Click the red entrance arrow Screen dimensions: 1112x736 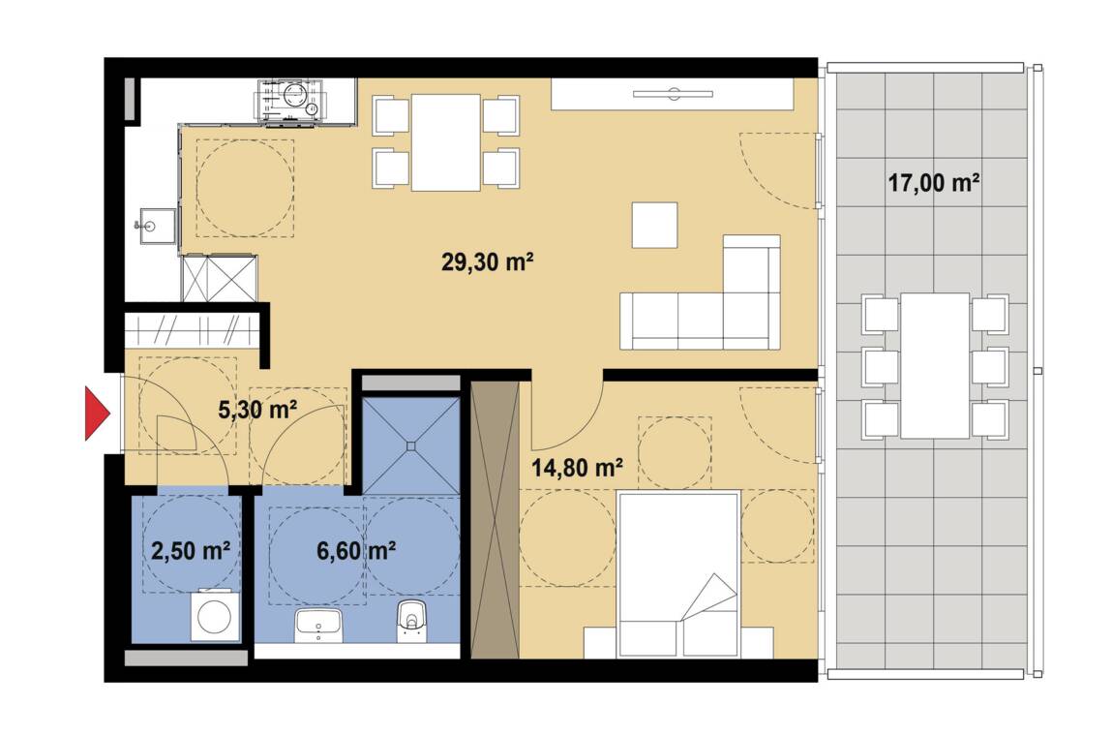pos(97,414)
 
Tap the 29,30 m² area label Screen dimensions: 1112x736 pos(487,261)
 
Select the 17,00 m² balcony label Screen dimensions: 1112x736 pos(934,183)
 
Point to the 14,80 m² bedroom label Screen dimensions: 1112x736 pos(577,468)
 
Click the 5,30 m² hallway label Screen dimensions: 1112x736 pos(256,410)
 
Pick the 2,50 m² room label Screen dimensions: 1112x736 pos(191,551)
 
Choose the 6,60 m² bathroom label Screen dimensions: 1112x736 pos(355,551)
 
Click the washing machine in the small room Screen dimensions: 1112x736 pos(216,615)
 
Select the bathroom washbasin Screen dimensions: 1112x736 pos(318,625)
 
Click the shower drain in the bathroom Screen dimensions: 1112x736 pos(410,445)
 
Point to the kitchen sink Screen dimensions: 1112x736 pos(157,226)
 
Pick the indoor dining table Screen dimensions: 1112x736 pos(446,142)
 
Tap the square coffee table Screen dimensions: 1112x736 pos(654,225)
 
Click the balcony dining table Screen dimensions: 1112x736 pos(935,365)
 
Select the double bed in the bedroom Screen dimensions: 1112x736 pos(678,573)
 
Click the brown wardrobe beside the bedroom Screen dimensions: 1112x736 pos(495,519)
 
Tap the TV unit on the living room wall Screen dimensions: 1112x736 pos(673,94)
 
